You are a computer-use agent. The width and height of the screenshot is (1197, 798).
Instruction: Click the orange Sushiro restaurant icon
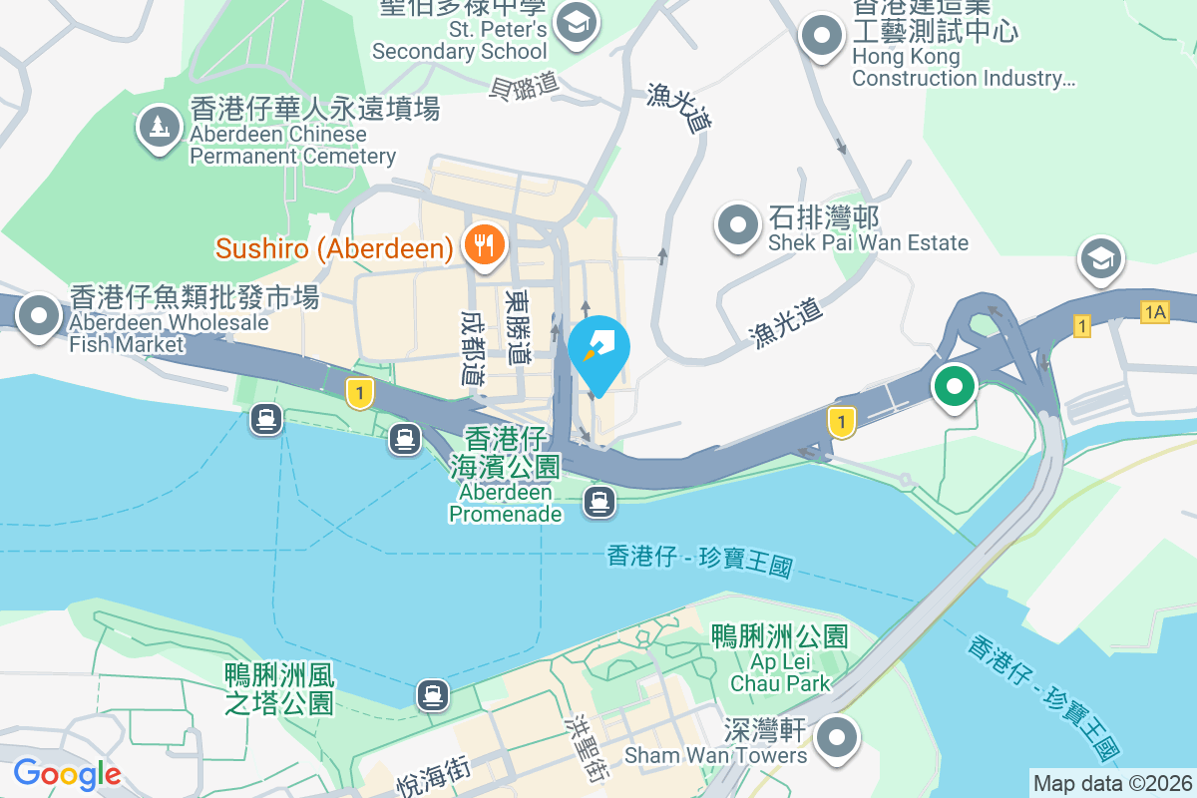pos(485,243)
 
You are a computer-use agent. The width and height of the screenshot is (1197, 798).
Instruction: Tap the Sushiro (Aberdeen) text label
pos(334,248)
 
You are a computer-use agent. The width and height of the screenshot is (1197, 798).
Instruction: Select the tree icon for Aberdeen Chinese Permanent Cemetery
pos(159,126)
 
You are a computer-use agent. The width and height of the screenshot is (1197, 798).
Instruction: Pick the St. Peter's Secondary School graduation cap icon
pos(576,19)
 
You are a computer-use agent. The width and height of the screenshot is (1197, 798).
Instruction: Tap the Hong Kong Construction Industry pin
pos(823,35)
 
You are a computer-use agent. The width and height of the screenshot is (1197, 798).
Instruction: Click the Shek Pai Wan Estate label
pos(868,230)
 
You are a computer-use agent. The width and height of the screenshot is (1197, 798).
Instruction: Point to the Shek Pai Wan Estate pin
pos(738,225)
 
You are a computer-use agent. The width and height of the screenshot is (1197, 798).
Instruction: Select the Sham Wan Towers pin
pos(838,739)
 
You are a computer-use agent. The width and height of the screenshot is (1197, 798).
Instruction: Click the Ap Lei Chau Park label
pos(780,659)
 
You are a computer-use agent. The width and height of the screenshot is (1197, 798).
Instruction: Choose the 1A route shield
pos(1154,312)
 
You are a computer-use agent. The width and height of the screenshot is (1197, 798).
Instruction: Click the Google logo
pos(67,773)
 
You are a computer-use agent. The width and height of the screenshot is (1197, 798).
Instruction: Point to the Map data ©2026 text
pos(1112,783)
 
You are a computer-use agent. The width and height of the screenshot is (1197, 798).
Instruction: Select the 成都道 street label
pos(473,346)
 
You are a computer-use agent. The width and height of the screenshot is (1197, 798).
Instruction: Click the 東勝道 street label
pos(519,325)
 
